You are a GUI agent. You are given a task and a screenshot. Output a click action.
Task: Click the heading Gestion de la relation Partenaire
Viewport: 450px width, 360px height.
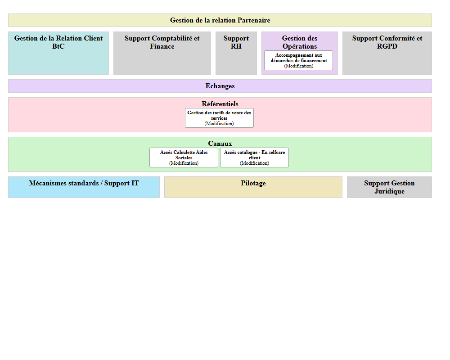pos(220,20)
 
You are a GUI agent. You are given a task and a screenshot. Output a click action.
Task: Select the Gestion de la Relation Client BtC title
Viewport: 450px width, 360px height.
pos(58,42)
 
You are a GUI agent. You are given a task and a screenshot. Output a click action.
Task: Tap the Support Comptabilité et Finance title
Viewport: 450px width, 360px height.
pos(162,42)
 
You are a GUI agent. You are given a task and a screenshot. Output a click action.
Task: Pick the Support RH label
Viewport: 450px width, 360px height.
pos(236,42)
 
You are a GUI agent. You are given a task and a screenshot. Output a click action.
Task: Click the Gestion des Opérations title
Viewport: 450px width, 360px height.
pos(300,42)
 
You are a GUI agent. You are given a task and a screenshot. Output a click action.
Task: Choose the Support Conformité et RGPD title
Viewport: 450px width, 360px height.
pos(387,42)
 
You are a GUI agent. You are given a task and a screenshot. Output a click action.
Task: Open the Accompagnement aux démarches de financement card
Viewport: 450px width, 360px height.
pos(298,58)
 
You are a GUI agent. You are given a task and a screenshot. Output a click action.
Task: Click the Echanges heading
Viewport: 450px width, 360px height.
pos(220,86)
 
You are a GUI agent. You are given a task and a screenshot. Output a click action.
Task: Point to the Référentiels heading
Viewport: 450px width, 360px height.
pos(220,104)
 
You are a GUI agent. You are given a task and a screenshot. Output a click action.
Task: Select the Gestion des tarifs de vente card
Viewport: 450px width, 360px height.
pos(219,115)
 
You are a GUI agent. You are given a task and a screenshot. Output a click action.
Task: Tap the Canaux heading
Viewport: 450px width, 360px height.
pos(220,144)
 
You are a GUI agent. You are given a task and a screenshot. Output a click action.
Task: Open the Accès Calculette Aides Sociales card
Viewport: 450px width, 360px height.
pos(184,155)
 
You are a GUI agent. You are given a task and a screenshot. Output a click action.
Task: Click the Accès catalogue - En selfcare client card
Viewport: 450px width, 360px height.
pos(254,155)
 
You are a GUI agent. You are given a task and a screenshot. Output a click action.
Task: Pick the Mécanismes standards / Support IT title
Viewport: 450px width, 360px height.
pos(84,183)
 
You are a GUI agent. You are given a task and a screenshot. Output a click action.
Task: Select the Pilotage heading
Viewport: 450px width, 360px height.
pos(253,183)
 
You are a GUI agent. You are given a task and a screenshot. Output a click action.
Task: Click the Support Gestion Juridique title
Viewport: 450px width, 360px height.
pos(389,187)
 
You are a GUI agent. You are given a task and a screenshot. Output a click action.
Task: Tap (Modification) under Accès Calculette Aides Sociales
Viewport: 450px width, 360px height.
pos(184,163)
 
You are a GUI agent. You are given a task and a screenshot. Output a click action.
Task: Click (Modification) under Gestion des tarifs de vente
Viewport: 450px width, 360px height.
pos(219,124)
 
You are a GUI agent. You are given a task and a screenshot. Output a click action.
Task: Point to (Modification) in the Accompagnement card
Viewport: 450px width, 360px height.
pos(298,66)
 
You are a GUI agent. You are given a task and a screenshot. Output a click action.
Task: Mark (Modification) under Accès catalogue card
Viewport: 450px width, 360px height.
pos(254,163)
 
